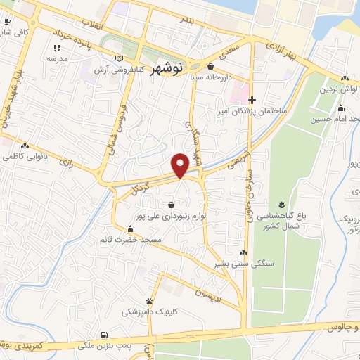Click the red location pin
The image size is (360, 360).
coord(180,165)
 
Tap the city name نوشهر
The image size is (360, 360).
coord(167,68)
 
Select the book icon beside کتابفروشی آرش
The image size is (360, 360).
coord(118,58)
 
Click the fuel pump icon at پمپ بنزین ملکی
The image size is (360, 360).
coord(104,335)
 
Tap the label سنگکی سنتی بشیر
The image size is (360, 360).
coord(243,263)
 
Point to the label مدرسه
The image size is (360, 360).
coord(56,60)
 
